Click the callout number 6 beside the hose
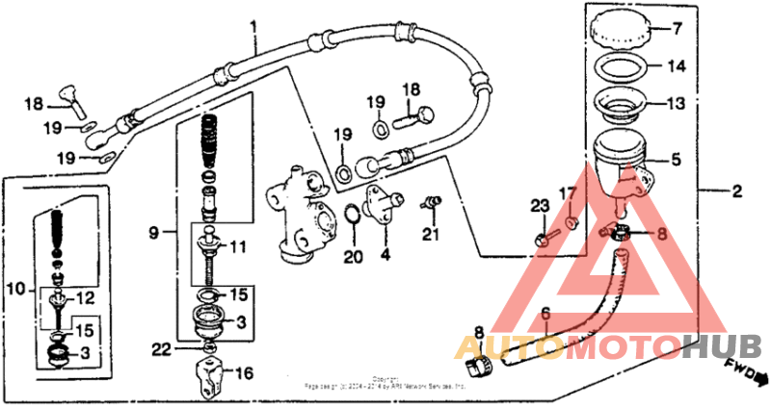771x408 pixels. tap(544, 313)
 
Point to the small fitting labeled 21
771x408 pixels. tap(429, 201)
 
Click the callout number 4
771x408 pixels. tap(385, 257)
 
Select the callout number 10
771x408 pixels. tap(14, 289)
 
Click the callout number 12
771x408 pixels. tap(85, 297)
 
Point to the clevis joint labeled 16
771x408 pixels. tap(210, 374)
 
